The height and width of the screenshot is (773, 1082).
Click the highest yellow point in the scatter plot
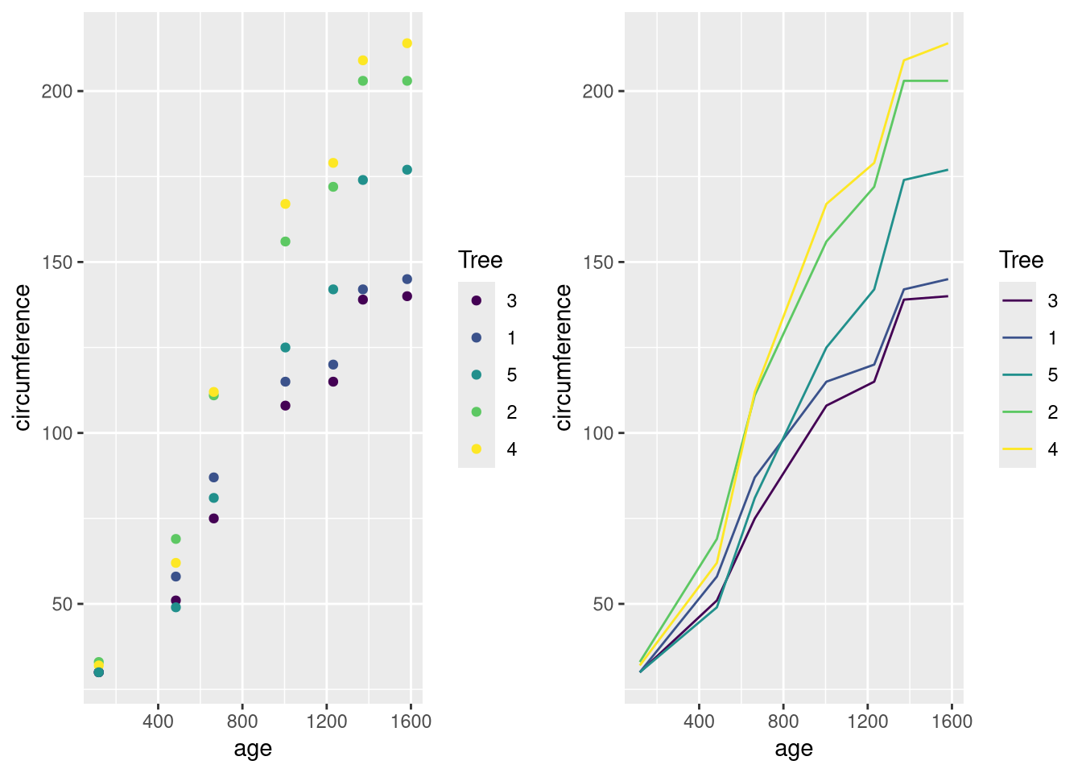point(407,43)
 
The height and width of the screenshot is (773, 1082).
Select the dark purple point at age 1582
point(407,296)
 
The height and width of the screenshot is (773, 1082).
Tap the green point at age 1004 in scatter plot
point(285,242)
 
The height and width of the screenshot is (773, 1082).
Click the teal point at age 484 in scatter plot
point(176,607)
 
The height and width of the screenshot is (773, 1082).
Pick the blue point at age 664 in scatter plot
point(213,477)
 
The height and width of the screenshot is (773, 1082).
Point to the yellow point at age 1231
point(332,163)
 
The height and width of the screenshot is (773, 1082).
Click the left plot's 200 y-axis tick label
point(57,91)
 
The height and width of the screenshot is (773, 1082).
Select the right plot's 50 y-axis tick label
point(604,605)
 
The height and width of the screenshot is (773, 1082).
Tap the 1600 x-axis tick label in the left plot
point(411,721)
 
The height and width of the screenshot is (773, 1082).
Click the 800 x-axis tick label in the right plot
point(783,721)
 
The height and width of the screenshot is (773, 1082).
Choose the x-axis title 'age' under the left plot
point(253,749)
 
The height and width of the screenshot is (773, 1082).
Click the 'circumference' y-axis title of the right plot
point(564,358)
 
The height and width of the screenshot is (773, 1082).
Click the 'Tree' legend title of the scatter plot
point(480,260)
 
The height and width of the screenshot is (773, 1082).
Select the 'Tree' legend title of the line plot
point(1021,260)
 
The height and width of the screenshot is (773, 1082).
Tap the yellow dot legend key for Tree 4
point(477,449)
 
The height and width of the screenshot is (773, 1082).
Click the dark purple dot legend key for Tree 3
point(477,300)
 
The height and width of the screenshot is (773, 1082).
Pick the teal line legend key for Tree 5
point(1018,375)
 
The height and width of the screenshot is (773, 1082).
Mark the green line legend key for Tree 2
point(1018,412)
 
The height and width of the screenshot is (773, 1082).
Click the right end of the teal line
point(948,170)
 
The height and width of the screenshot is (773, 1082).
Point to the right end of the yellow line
point(948,43)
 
